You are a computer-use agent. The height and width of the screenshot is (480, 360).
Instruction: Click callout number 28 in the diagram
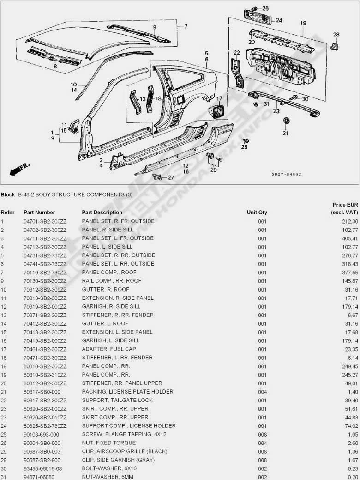336,34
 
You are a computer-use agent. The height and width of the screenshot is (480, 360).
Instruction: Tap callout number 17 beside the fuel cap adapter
219,98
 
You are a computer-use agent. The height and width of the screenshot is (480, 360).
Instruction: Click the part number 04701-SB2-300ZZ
45,221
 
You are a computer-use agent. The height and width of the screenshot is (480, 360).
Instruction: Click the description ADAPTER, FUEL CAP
109,349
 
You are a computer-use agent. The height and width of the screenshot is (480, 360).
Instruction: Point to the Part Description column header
102,213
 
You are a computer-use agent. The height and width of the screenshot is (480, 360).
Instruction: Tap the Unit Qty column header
257,213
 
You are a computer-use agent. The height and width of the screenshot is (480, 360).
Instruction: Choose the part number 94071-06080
41,477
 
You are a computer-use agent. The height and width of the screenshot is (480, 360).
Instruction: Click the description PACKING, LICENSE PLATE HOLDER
128,391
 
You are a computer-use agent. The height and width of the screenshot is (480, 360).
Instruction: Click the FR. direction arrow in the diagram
18,169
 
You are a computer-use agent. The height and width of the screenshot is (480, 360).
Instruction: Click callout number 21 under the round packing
285,134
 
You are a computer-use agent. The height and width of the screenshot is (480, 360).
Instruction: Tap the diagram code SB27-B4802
287,174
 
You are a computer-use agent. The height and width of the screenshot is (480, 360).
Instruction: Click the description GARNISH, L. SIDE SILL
111,340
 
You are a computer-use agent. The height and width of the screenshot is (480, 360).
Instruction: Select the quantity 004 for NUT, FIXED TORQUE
262,443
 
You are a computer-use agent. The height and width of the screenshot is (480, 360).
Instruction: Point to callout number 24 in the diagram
279,20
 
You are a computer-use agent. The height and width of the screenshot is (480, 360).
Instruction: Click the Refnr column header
7,213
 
